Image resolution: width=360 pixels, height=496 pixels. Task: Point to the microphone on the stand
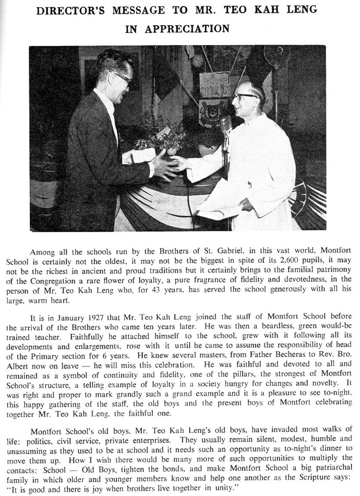226,124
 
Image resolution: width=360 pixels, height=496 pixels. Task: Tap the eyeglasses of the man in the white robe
245,96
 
